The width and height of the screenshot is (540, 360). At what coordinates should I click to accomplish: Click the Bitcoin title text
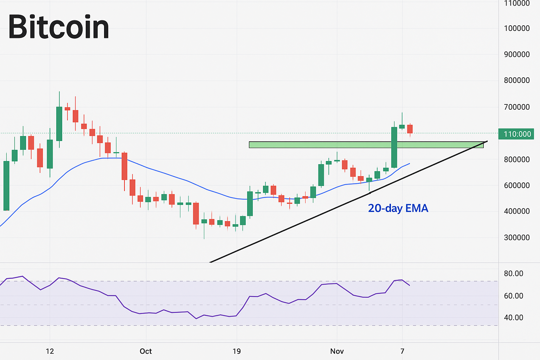pos(59,27)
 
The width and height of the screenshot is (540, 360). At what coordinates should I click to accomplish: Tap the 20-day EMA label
pos(398,208)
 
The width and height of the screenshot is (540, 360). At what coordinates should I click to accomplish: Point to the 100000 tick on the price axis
pos(516,28)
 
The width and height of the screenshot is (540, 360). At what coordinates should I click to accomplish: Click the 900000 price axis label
pos(516,54)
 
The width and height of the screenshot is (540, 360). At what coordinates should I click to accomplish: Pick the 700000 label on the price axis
pos(516,107)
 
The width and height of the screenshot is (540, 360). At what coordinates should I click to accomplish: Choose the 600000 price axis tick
pos(516,186)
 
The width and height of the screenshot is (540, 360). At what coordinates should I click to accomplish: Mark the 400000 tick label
pos(516,211)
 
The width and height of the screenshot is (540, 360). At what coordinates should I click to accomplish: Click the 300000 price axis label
pos(516,238)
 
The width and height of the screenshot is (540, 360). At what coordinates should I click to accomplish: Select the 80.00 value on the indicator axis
pos(513,274)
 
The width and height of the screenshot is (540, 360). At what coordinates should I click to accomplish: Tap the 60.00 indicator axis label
pos(513,296)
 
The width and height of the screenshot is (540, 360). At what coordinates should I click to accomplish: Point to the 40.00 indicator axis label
pos(513,318)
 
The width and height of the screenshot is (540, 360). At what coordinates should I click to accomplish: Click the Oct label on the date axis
pos(146,351)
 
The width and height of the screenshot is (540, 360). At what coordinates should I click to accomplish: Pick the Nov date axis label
pos(337,351)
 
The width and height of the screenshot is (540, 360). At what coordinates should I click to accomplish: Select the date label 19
pos(237,351)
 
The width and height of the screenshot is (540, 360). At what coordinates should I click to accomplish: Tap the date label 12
pos(50,351)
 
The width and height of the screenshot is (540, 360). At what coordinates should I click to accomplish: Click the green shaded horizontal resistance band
pos(316,144)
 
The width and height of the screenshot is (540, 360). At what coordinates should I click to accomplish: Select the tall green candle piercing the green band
pos(394,148)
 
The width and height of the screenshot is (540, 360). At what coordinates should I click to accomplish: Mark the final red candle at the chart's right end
pos(410,129)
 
